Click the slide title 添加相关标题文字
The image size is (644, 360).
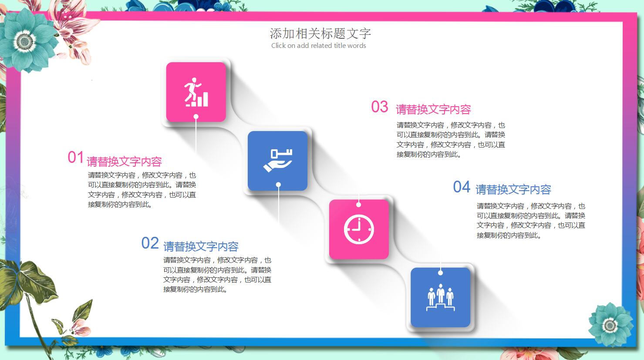320,34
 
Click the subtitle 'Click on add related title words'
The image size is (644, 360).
318,46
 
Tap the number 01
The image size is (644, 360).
75,158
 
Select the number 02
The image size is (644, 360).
150,243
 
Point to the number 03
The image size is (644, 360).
379,107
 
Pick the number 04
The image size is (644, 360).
462,187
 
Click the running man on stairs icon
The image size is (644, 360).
196,92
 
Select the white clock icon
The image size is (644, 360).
359,229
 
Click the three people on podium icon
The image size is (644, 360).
440,297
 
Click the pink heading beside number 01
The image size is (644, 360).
125,162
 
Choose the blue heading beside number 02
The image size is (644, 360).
201,246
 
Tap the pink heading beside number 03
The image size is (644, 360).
433,109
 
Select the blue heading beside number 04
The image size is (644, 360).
513,190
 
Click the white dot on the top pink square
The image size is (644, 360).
196,117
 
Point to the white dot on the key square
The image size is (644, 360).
278,185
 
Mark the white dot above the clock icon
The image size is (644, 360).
359,204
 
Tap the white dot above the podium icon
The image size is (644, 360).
440,273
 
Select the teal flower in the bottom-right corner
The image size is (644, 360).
610,325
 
